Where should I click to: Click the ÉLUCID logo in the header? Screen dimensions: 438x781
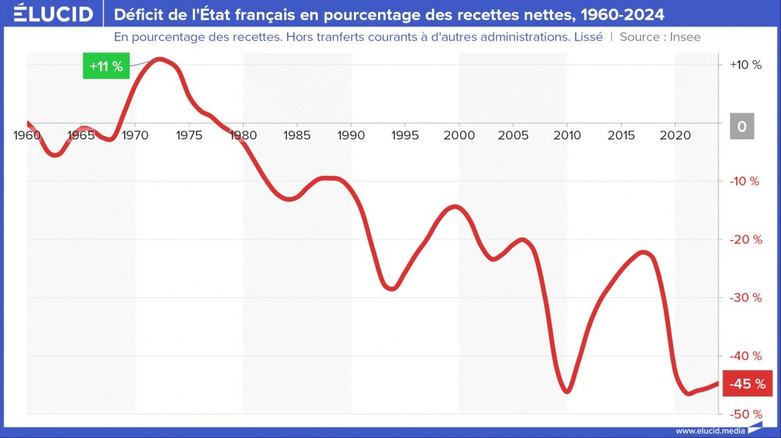pyautogui.click(x=48, y=14)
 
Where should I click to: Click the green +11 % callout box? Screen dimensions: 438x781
pyautogui.click(x=105, y=66)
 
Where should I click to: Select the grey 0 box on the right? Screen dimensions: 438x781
pyautogui.click(x=742, y=126)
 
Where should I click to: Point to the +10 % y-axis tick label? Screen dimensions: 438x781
pyautogui.click(x=745, y=65)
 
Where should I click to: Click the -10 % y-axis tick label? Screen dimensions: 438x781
pyautogui.click(x=744, y=181)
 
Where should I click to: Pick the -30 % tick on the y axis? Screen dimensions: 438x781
pyautogui.click(x=744, y=297)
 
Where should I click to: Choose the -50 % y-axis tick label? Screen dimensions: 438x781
pyautogui.click(x=744, y=413)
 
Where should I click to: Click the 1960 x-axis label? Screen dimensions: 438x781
pyautogui.click(x=27, y=135)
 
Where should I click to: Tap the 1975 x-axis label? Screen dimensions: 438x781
pyautogui.click(x=189, y=135)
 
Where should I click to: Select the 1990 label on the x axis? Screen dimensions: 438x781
pyautogui.click(x=351, y=135)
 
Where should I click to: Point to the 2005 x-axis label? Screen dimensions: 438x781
pyautogui.click(x=512, y=135)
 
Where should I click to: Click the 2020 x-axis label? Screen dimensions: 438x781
pyautogui.click(x=674, y=135)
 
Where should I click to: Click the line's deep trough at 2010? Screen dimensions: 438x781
pyautogui.click(x=567, y=391)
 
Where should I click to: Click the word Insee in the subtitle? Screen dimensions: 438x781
pyautogui.click(x=684, y=37)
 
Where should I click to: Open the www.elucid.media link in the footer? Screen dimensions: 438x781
pyautogui.click(x=708, y=430)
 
